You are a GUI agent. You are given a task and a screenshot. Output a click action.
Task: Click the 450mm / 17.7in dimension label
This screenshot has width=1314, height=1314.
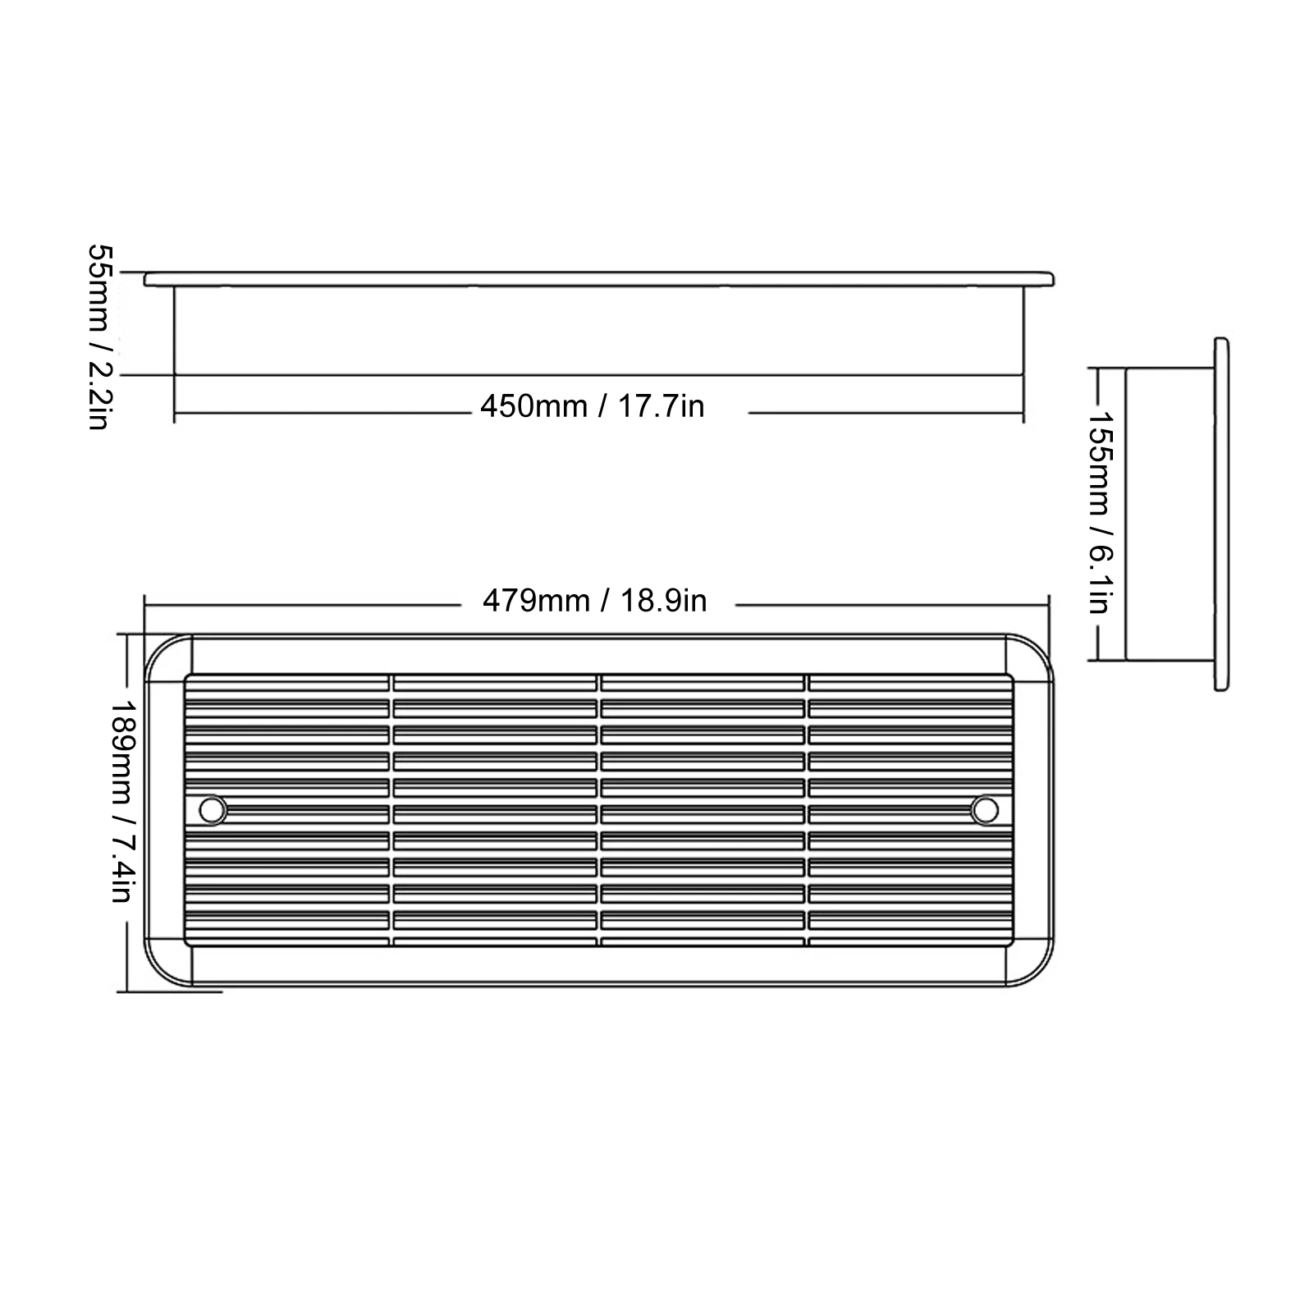[592, 406]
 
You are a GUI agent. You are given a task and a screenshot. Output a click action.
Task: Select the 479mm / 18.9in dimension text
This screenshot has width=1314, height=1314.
[594, 602]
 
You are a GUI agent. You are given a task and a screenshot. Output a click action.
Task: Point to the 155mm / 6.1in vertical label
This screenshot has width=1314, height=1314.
[1097, 511]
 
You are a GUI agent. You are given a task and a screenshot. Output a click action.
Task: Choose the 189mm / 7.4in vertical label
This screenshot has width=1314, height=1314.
[121, 801]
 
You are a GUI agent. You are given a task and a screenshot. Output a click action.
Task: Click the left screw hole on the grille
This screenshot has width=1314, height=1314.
[213, 810]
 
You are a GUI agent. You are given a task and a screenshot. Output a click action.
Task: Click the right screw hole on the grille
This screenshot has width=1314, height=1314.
[984, 810]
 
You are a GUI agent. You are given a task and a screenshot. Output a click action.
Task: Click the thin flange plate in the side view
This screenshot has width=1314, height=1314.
[1220, 513]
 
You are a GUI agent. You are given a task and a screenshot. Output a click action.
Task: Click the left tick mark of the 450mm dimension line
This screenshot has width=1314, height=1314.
[175, 412]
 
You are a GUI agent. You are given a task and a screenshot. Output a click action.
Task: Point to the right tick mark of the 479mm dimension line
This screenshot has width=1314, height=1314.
[1049, 606]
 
